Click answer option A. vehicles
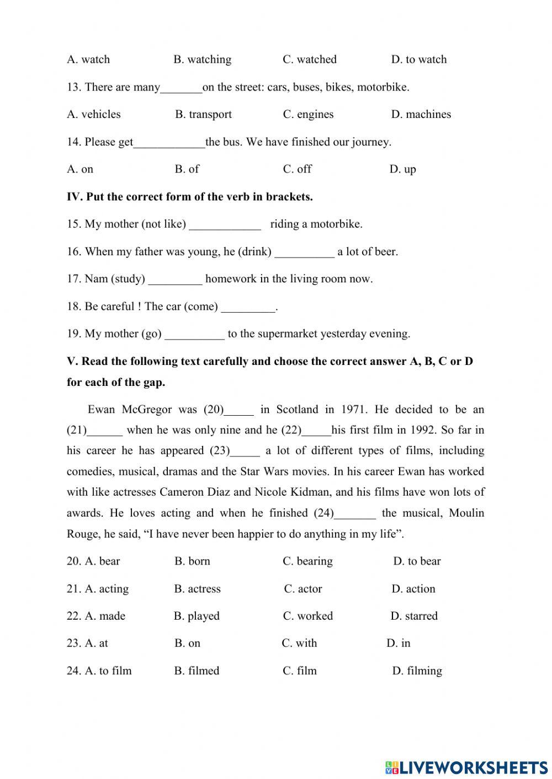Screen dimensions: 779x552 tap(94, 114)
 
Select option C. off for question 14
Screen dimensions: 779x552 tap(297, 169)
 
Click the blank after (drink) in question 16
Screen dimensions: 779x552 tap(304, 252)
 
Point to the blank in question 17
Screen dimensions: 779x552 tap(175, 280)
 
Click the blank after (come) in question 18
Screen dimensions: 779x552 tap(247, 307)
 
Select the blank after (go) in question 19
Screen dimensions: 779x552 tap(194, 334)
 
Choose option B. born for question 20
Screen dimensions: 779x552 tap(192, 561)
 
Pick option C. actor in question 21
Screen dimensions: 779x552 tap(303, 589)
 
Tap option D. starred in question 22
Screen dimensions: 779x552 tap(414, 616)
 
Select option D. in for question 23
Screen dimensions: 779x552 tap(399, 643)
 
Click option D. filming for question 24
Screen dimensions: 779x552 tap(417, 671)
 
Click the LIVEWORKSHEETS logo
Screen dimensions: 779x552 tap(466, 767)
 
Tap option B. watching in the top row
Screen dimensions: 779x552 tap(203, 60)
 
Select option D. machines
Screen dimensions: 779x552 tap(421, 114)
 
